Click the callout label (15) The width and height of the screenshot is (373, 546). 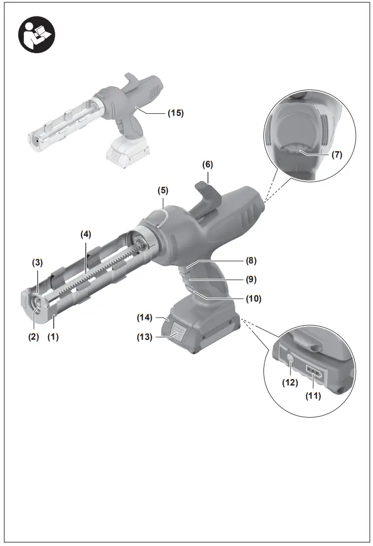[175, 113]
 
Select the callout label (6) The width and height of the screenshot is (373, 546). [208, 165]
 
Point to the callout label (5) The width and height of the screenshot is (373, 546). [163, 189]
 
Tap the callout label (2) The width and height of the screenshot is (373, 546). [33, 337]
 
